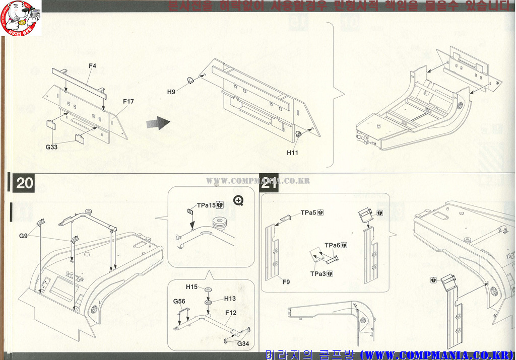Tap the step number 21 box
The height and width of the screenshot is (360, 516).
(x=270, y=183)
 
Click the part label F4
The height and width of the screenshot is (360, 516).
(x=92, y=66)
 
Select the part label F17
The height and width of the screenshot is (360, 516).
(x=128, y=102)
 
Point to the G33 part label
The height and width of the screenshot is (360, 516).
(x=52, y=147)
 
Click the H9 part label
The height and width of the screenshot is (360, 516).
(x=171, y=92)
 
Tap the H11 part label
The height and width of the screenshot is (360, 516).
(x=293, y=152)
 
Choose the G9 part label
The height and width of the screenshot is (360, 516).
(x=24, y=236)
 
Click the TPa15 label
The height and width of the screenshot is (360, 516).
(x=206, y=205)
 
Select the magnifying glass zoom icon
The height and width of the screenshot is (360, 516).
(x=238, y=200)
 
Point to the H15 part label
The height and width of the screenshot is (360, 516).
(x=191, y=287)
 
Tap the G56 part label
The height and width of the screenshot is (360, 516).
(x=179, y=301)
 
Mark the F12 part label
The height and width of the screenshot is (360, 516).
(x=231, y=313)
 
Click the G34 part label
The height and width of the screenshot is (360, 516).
(x=243, y=343)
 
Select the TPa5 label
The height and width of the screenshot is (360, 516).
(x=308, y=212)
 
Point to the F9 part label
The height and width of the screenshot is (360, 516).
(x=286, y=282)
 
